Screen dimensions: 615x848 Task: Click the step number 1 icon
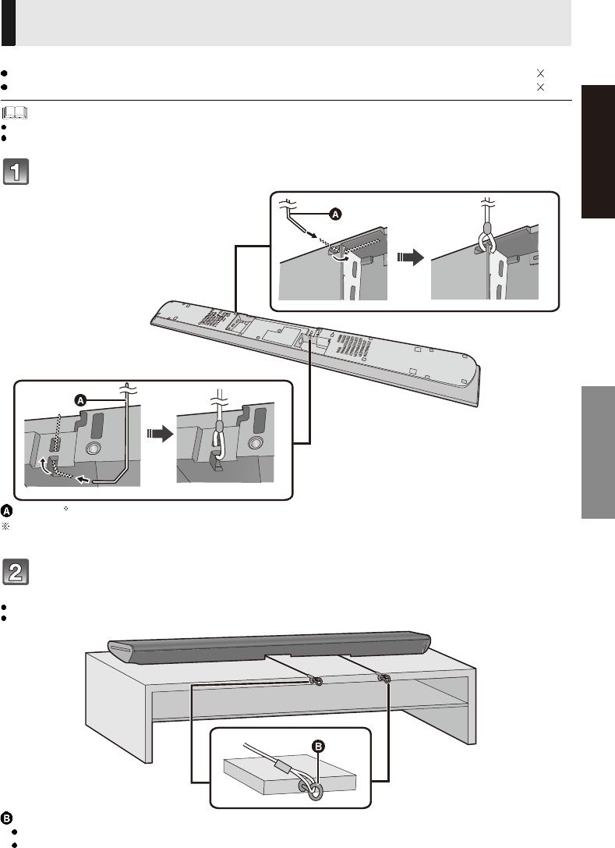point(16,172)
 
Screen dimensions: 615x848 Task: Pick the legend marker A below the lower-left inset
point(6,510)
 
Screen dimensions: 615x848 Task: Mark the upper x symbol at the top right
point(539,72)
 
